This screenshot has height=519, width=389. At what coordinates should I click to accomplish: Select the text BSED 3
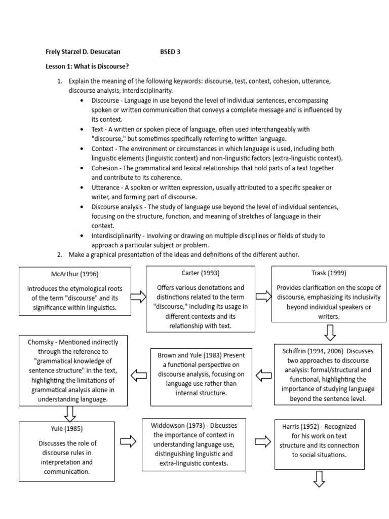[x=170, y=52]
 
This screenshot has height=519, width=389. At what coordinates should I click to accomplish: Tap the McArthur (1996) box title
[x=67, y=275]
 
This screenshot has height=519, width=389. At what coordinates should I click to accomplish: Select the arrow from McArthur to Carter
[x=138, y=296]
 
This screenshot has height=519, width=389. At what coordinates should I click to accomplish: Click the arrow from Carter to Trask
[x=263, y=296]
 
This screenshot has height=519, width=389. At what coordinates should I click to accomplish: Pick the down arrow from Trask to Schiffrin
[x=330, y=333]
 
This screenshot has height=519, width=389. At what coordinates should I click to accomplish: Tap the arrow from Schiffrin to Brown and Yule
[x=263, y=376]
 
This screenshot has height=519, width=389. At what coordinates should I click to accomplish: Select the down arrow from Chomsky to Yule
[x=70, y=414]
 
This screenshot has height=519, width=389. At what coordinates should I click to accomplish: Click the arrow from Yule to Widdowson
[x=129, y=441]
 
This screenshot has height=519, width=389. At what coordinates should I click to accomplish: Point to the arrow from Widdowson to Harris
[x=263, y=441]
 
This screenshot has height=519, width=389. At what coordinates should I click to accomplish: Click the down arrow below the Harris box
[x=319, y=478]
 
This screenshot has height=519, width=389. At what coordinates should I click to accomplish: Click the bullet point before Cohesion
[x=82, y=168]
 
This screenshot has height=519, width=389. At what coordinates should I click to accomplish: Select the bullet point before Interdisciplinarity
[x=82, y=236]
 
